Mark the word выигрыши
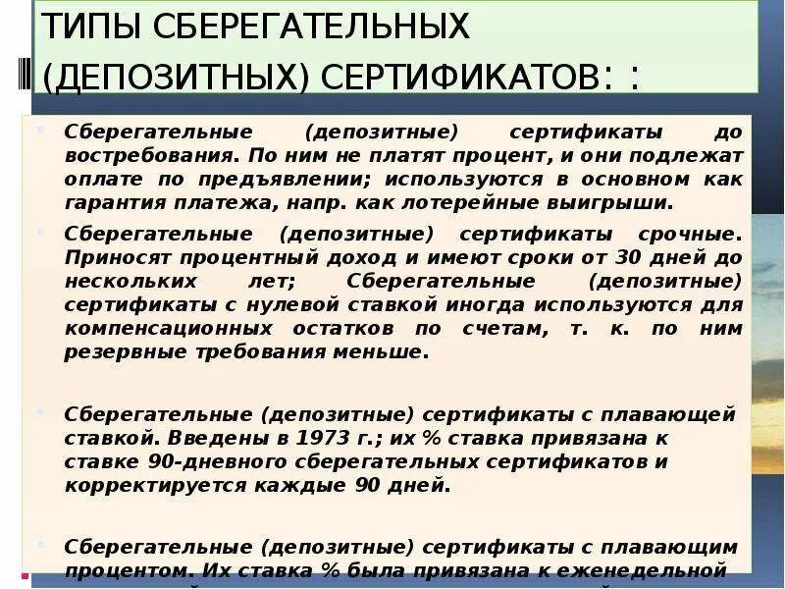coord(624,203)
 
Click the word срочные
coord(688,235)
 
